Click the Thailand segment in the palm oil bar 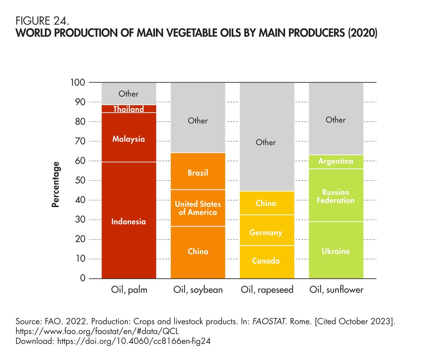click(x=129, y=109)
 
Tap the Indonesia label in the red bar click(x=128, y=222)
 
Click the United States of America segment click(x=198, y=208)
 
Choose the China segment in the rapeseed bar click(x=266, y=203)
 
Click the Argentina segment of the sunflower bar click(x=336, y=161)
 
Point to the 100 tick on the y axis click(x=78, y=82)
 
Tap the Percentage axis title click(x=56, y=185)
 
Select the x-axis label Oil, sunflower click(x=336, y=290)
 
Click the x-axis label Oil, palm click(x=129, y=290)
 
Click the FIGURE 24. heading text click(x=42, y=22)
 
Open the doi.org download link click(x=134, y=341)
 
